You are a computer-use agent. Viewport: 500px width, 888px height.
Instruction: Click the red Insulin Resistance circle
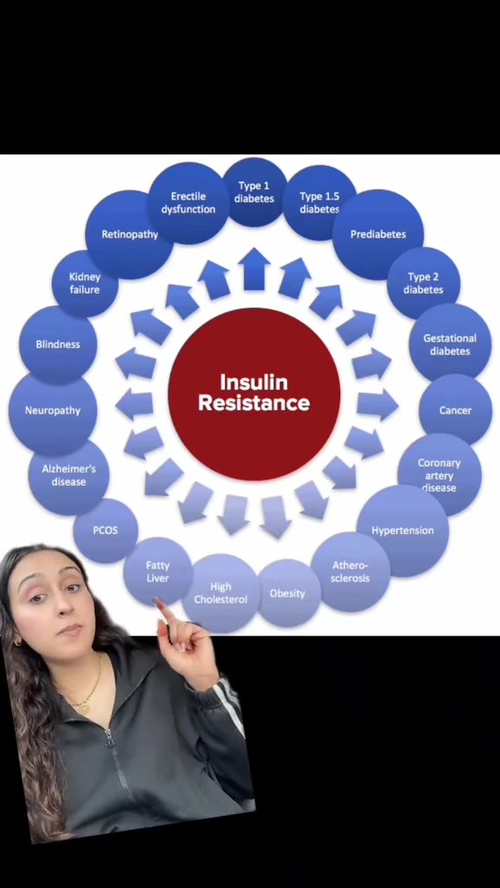[254, 395]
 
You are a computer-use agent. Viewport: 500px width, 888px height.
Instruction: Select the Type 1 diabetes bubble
[254, 193]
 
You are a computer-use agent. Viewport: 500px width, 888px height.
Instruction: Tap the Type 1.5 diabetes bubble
[319, 202]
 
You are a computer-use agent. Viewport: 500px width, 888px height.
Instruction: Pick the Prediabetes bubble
[378, 234]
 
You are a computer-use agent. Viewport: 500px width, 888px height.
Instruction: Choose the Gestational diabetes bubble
[450, 344]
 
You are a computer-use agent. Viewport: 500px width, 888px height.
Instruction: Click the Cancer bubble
[455, 410]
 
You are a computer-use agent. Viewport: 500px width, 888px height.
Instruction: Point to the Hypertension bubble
[403, 531]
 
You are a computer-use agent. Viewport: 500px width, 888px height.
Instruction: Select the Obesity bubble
[288, 593]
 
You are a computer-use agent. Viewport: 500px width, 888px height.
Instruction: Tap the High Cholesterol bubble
[220, 593]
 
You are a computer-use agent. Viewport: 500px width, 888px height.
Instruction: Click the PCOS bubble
[105, 531]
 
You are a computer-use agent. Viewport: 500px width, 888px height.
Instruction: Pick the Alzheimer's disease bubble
[69, 475]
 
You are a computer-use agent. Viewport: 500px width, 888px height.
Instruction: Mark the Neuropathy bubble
[53, 410]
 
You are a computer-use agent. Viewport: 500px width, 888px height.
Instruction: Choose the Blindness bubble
[58, 344]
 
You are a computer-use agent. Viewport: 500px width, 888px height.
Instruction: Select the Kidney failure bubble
[85, 284]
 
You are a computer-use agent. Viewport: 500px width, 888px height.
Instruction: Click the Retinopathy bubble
[129, 234]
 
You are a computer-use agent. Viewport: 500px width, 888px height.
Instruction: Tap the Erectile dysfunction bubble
[187, 203]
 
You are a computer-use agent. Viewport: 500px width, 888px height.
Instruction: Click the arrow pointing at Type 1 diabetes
[254, 269]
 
